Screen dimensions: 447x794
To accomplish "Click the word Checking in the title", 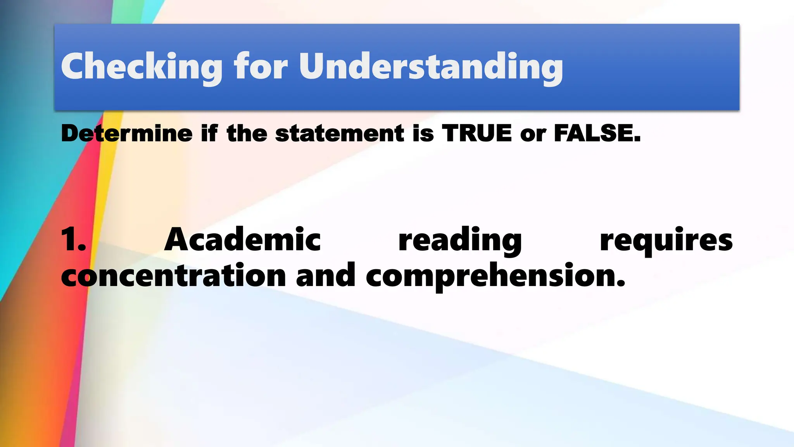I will pos(142,67).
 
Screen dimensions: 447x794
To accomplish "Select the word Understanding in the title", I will pos(431,67).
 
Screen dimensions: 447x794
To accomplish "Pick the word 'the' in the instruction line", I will pos(247,133).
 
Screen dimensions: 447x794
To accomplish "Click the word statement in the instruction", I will pos(340,133).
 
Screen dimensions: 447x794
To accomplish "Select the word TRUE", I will pos(476,133).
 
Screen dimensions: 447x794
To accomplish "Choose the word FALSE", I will pos(597,133).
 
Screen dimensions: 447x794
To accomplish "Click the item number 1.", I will pos(73,240).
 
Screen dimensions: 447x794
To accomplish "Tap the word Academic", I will pos(242,240).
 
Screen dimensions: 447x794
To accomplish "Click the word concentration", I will pos(173,275).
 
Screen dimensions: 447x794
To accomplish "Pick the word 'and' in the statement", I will pos(326,275).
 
